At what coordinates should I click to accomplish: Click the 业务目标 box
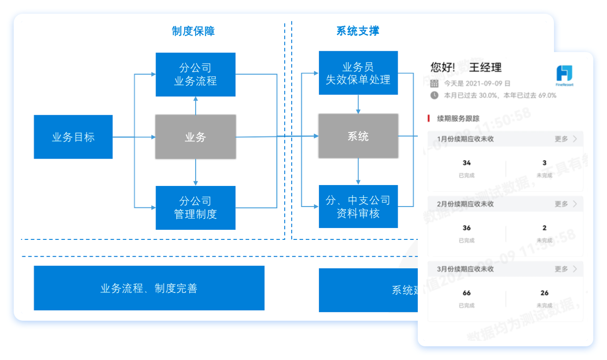coord(73,137)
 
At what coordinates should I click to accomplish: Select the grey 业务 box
coord(196,137)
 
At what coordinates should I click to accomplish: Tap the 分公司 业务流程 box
coord(196,74)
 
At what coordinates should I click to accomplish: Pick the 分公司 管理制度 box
coord(196,208)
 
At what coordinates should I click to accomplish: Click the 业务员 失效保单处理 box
coord(358,73)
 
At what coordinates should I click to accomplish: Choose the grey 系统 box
coord(358,136)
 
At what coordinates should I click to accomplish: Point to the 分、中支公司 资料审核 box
coord(358,206)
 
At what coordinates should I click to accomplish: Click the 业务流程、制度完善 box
coord(149,288)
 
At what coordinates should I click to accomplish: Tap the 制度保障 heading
coord(193,31)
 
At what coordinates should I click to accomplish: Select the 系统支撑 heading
coord(358,31)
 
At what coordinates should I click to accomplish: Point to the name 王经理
coord(485,68)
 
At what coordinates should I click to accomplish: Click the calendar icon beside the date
coord(434,84)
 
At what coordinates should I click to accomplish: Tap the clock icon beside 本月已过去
coord(434,95)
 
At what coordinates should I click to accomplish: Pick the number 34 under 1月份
coord(467,163)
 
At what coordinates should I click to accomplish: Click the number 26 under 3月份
coord(544,293)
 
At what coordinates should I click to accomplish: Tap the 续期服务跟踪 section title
coord(458,119)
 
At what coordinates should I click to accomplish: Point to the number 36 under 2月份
coord(467,228)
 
